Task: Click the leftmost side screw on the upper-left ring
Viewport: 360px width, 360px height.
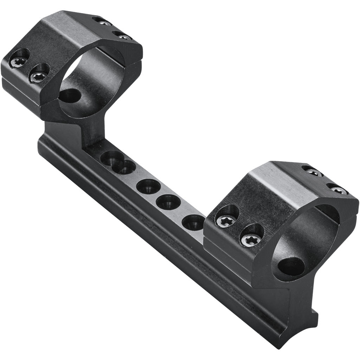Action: point(18,62)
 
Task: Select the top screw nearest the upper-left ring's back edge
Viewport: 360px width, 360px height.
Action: point(104,23)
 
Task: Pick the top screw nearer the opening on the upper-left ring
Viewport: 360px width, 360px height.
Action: point(124,37)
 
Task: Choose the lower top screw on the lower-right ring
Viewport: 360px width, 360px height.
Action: point(339,190)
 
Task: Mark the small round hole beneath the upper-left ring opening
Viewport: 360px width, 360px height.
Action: point(69,95)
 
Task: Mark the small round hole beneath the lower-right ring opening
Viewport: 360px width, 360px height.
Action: point(291,266)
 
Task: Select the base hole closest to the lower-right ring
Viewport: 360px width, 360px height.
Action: point(193,222)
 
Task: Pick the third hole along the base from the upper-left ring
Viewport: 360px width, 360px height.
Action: point(148,186)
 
